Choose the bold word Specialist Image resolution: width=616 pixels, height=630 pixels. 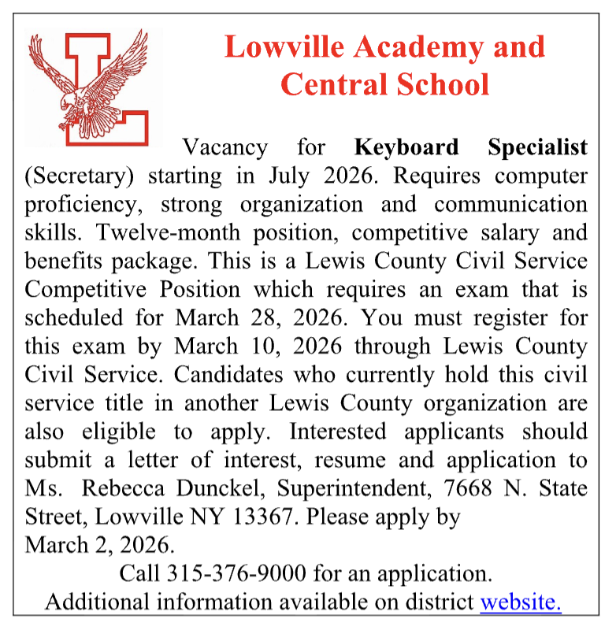coord(537,147)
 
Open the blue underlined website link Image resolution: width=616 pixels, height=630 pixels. coord(521,602)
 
